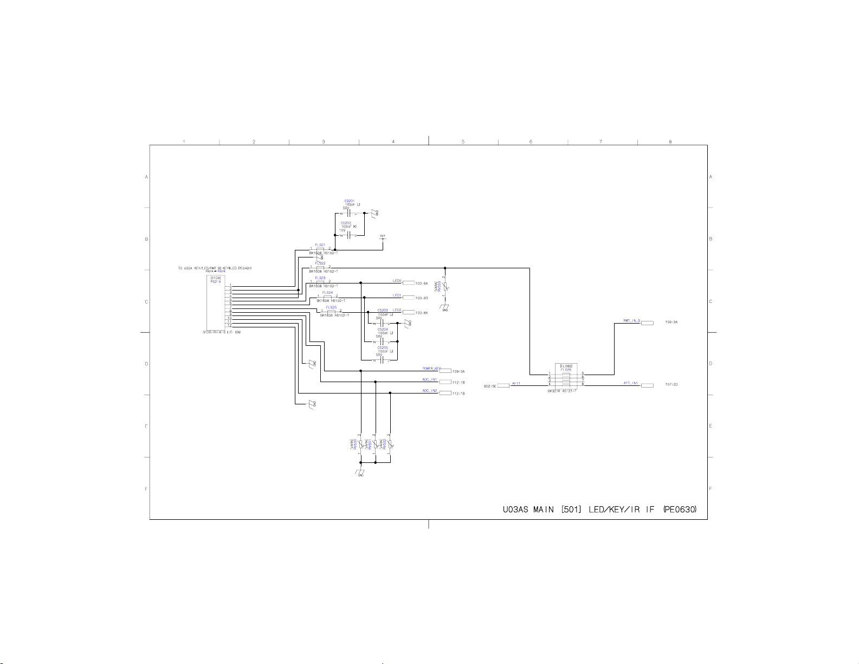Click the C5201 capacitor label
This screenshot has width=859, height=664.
tap(349, 201)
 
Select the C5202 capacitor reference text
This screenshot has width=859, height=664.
tap(346, 223)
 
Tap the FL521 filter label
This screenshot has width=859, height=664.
tap(320, 245)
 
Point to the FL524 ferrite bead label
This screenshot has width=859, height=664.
tap(327, 293)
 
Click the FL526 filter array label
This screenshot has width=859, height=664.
tap(566, 369)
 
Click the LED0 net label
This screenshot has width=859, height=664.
tap(397, 281)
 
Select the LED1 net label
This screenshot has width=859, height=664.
tap(397, 295)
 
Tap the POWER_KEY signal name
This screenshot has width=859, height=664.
tap(431, 369)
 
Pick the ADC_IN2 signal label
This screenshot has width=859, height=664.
tap(430, 390)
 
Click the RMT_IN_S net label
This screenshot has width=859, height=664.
tap(631, 320)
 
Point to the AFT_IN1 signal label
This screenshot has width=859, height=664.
tap(631, 383)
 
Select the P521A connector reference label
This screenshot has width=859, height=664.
tap(216, 282)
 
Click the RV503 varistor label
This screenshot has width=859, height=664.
tap(447, 286)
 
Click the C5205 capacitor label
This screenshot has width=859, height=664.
tap(383, 348)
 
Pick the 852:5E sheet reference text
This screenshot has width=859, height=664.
tap(490, 386)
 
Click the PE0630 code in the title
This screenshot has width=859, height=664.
tap(680, 510)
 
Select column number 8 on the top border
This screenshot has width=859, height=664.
tap(670, 142)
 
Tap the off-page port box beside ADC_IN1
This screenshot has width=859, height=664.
tap(445, 382)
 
